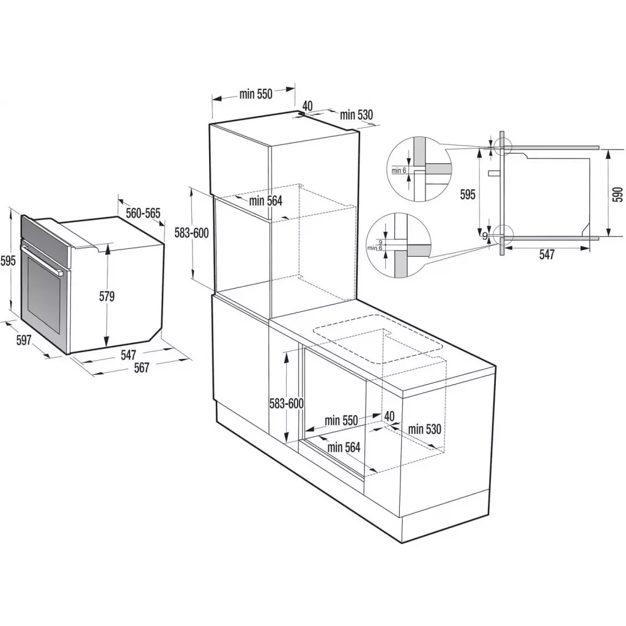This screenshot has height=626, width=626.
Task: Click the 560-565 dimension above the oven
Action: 142,213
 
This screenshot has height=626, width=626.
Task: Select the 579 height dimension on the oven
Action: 107,296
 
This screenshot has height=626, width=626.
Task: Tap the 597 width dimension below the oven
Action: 23,341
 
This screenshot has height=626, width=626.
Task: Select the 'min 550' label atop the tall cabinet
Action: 256,94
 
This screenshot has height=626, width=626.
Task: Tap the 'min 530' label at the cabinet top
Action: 356,114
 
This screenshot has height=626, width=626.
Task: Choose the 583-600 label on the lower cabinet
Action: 287,403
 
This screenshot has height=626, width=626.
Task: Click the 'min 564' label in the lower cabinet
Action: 344,447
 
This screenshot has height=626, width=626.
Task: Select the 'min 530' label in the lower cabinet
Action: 424,429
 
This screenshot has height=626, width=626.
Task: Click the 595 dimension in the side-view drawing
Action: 467,194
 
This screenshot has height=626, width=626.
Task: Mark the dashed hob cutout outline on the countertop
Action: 379,339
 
